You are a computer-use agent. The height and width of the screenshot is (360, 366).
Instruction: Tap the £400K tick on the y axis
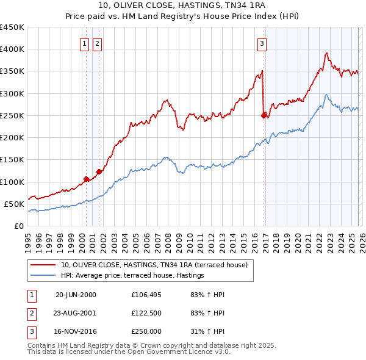point(12,49)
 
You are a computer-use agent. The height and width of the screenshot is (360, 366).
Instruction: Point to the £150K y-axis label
point(12,160)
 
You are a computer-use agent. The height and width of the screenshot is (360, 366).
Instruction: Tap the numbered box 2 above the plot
point(98,43)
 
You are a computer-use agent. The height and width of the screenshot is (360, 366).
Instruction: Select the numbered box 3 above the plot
point(262,43)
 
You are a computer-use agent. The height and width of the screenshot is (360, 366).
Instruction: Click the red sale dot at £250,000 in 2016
point(264,115)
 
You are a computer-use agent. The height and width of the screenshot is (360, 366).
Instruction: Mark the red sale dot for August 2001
point(99,171)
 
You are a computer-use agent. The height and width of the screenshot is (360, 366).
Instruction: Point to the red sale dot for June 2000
point(87,179)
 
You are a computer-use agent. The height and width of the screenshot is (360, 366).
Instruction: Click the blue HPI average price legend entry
point(132,276)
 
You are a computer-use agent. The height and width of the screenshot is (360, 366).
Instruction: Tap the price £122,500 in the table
point(146,313)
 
